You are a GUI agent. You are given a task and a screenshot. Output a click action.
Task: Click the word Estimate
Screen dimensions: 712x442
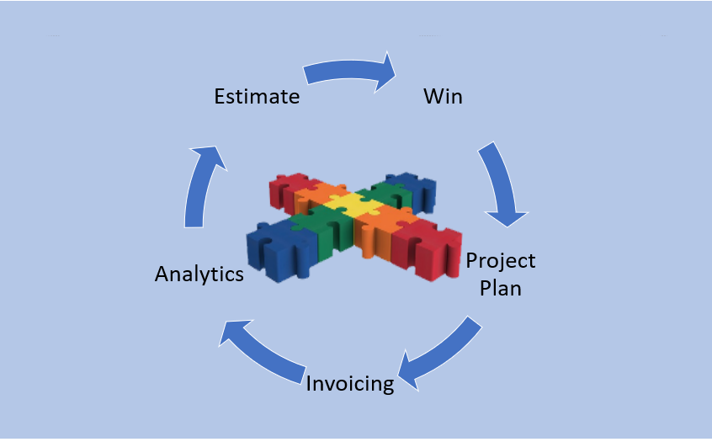pos(257,96)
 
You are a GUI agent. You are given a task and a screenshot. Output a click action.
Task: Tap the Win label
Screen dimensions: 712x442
pos(443,96)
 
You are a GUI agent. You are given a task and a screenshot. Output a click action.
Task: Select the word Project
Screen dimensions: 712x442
pos(501,262)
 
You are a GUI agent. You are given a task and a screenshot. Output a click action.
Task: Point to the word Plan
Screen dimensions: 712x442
pos(501,288)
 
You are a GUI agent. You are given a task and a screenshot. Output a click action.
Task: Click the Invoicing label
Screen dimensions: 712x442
pos(349,384)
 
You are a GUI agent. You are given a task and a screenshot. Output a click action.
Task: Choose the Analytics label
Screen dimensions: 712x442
pos(199,274)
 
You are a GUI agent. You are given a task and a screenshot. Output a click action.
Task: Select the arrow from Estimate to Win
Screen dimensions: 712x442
pos(348,71)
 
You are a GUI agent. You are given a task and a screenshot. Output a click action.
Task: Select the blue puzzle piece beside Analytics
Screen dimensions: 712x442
pos(278,250)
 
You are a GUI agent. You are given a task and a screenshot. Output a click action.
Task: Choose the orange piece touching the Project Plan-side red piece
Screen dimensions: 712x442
pos(380,231)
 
